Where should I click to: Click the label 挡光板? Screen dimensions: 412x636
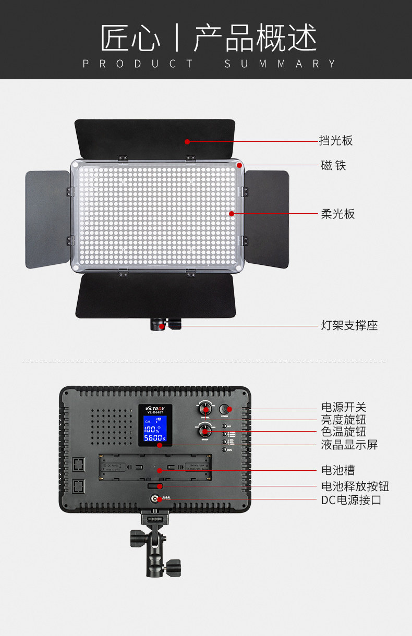click(x=336, y=141)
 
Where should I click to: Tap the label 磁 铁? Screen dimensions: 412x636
click(x=333, y=166)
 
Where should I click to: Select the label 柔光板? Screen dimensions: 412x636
click(x=337, y=214)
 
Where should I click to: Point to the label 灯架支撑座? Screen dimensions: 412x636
click(x=349, y=326)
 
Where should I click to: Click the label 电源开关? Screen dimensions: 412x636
click(x=343, y=408)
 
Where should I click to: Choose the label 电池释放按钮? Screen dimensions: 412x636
click(x=355, y=487)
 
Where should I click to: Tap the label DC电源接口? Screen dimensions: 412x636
click(x=351, y=500)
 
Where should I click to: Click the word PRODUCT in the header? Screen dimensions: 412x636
click(x=138, y=64)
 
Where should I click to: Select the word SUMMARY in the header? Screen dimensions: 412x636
click(x=281, y=64)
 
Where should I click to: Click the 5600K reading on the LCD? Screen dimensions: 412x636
click(x=155, y=438)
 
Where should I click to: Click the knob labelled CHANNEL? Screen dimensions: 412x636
click(x=205, y=408)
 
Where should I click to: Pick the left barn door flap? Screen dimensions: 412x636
click(x=47, y=219)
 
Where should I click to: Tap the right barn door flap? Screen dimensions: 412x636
click(x=266, y=219)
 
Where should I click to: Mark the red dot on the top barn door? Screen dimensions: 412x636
click(x=187, y=141)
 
